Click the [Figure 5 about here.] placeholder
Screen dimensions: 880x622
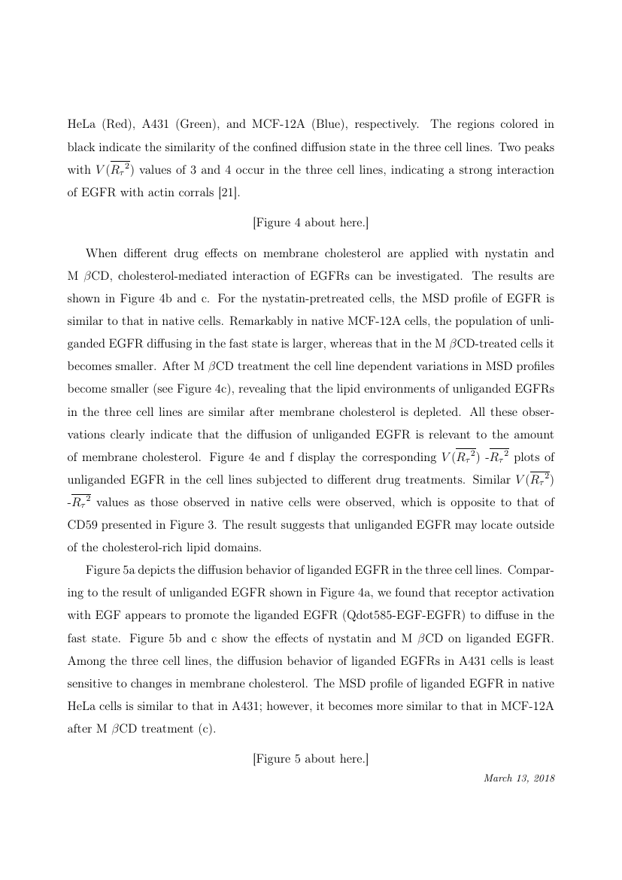[311, 758]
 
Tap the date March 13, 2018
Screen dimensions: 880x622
[519, 777]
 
